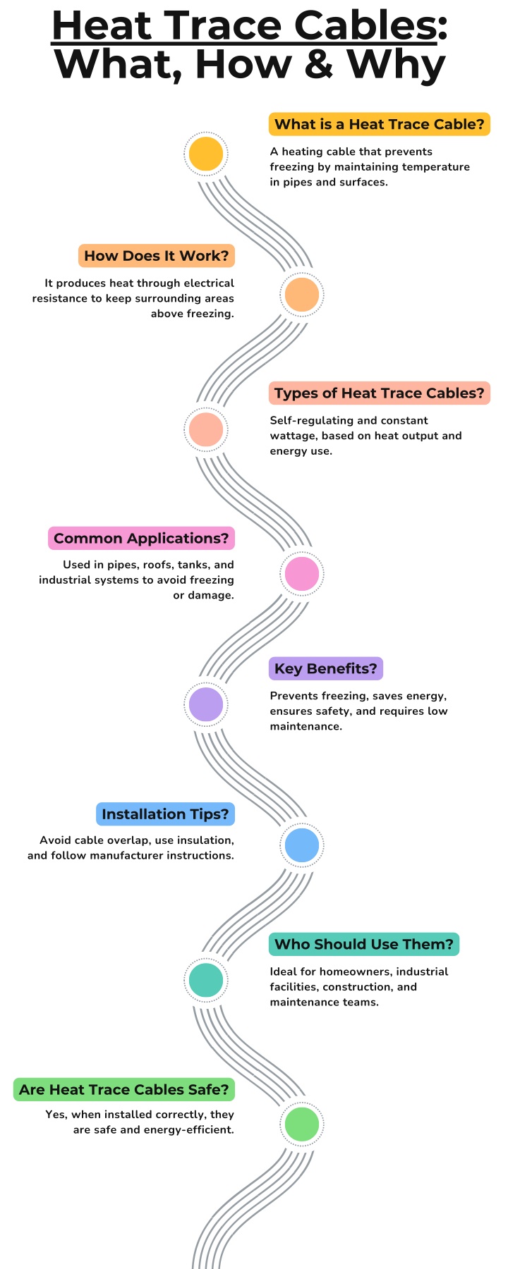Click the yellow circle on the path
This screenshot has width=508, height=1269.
206,154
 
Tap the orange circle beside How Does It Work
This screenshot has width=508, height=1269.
301,295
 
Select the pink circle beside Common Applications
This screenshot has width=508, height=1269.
301,574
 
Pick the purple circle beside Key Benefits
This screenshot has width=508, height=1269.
206,704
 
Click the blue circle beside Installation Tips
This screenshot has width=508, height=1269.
301,845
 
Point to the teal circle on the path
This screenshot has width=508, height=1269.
206,980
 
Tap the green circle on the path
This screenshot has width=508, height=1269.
301,1124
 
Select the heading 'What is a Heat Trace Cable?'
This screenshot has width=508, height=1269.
380,125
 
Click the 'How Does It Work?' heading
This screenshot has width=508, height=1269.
157,256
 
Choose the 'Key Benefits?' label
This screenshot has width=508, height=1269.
326,668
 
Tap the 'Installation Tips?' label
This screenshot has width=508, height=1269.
165,814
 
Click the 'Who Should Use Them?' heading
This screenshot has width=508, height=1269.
364,944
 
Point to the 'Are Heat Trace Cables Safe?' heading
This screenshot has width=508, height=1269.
124,1090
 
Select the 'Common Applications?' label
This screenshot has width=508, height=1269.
141,539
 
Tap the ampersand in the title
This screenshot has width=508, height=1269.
320,64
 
